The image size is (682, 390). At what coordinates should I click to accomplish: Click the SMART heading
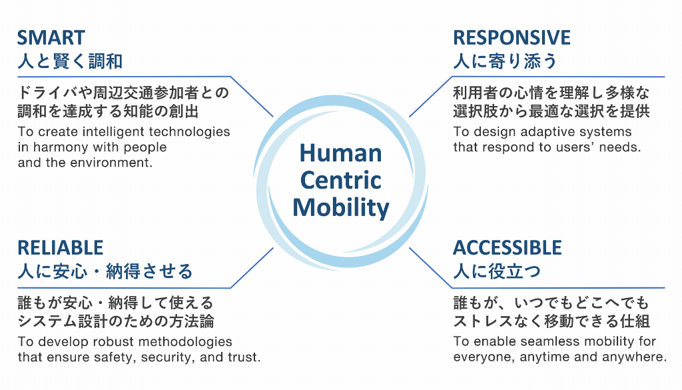coord(51,37)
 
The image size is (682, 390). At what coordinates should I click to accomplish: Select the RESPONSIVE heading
coord(511,37)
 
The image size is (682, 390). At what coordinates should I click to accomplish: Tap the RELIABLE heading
coord(61,248)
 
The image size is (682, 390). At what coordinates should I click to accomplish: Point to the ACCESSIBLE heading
coord(508,248)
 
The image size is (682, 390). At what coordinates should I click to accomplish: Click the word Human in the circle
coord(340,153)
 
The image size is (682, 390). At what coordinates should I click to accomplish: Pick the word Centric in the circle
coord(340,180)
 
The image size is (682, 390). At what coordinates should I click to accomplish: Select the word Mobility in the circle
coord(340,207)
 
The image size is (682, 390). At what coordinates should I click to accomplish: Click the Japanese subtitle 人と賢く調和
coord(70,62)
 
